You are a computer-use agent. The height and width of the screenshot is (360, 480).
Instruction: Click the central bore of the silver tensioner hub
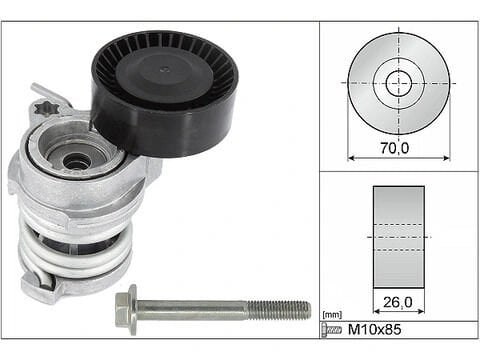74,158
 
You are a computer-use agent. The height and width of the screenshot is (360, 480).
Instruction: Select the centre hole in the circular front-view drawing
399,82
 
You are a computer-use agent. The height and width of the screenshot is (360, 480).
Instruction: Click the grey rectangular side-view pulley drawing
398,236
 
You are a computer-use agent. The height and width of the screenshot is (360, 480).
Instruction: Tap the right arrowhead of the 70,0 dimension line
446,157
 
